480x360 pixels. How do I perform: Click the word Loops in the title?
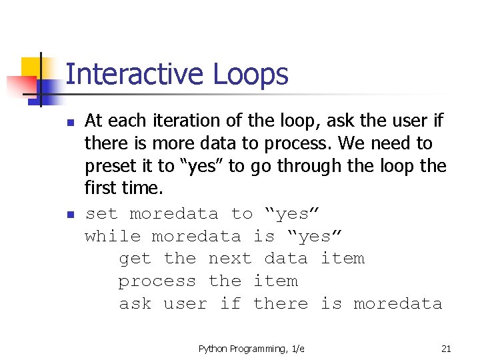(x=251, y=75)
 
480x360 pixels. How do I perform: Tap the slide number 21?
(x=446, y=349)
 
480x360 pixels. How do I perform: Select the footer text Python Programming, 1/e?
(x=251, y=349)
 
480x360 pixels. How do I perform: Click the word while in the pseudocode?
(x=113, y=236)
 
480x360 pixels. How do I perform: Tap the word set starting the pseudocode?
(x=101, y=213)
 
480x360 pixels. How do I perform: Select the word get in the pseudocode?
(x=135, y=259)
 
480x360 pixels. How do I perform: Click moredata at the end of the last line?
(x=397, y=304)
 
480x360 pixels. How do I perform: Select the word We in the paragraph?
(x=356, y=143)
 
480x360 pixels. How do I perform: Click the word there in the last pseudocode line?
(x=281, y=304)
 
